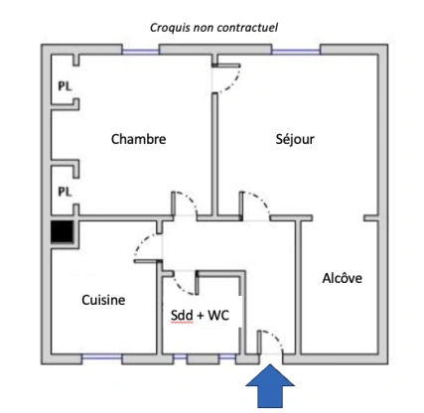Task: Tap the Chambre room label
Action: point(138,139)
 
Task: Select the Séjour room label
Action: point(295,139)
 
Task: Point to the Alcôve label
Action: point(342,278)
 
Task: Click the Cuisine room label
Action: point(103,300)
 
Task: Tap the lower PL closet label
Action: point(64,190)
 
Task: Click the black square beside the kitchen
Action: point(64,234)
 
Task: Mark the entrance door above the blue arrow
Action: point(270,343)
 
